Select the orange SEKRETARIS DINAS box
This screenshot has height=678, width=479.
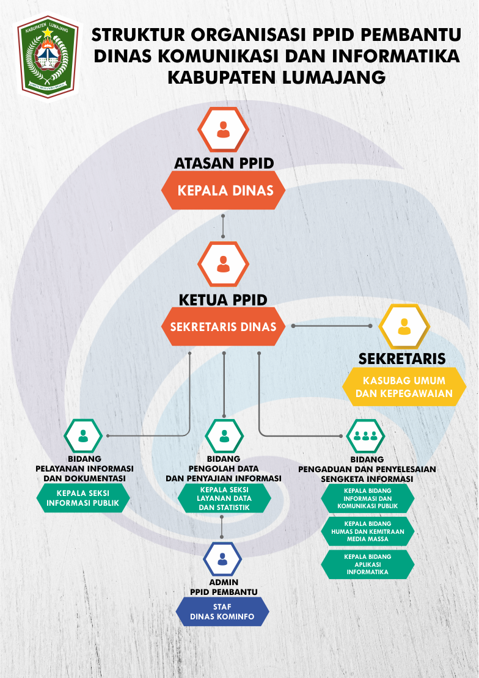(x=224, y=327)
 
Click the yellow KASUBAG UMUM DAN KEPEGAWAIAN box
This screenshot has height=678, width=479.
(x=404, y=387)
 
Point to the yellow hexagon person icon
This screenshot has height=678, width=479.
(x=404, y=327)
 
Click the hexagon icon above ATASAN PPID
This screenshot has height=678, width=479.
(x=224, y=129)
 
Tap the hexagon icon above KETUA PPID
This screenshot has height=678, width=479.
(x=224, y=264)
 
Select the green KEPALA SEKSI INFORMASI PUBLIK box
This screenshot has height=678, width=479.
(x=83, y=498)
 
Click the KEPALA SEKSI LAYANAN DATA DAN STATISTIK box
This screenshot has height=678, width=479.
(x=224, y=498)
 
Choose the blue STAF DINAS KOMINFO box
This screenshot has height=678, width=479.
(x=222, y=611)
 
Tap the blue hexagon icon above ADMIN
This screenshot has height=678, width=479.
(x=222, y=558)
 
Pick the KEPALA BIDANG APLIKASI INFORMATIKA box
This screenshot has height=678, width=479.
(x=367, y=565)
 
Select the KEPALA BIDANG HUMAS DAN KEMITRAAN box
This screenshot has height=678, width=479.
(x=367, y=531)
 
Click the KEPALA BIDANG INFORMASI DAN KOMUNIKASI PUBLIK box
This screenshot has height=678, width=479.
(x=367, y=498)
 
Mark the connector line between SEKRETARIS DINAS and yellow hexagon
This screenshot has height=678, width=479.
(x=334, y=326)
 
